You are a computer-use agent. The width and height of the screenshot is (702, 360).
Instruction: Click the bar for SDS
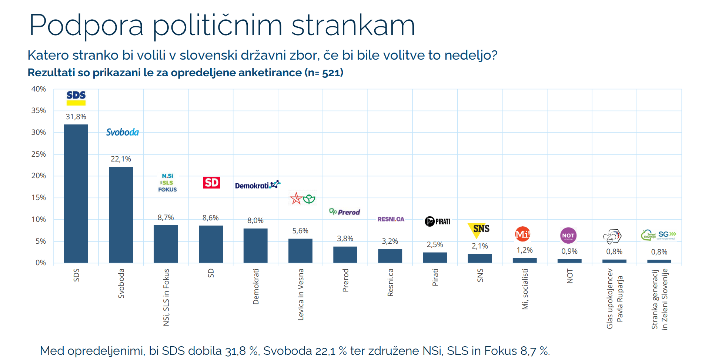point(76,193)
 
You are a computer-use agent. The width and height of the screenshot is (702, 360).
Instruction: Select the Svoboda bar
point(121,215)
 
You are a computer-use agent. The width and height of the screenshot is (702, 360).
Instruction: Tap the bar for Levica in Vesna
point(300,251)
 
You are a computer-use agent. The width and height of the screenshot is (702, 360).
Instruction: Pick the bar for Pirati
point(435,257)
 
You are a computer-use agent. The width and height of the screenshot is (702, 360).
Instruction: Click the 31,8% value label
point(76,117)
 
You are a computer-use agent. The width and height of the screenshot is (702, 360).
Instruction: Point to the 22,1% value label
point(121,159)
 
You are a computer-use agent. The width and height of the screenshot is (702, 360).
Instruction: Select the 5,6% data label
point(300,231)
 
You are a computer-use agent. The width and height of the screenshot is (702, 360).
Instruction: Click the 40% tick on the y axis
point(39,89)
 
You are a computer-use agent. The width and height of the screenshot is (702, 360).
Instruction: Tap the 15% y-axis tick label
point(39,197)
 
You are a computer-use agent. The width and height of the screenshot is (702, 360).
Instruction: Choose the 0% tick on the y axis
point(40,263)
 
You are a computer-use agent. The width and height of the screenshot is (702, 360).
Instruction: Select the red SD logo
point(211,183)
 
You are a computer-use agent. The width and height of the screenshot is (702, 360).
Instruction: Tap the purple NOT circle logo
point(568,235)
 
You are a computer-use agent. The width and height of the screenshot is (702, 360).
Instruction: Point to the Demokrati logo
point(257,185)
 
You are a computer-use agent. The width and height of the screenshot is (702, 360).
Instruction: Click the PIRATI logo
point(437,221)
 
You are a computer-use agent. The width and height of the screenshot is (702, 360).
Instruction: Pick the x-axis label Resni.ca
point(390,282)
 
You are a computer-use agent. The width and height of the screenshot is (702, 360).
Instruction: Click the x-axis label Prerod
point(345,280)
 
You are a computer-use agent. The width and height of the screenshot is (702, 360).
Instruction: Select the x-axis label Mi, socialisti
point(525,289)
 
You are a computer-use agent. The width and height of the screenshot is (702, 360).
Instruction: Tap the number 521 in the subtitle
point(331,73)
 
